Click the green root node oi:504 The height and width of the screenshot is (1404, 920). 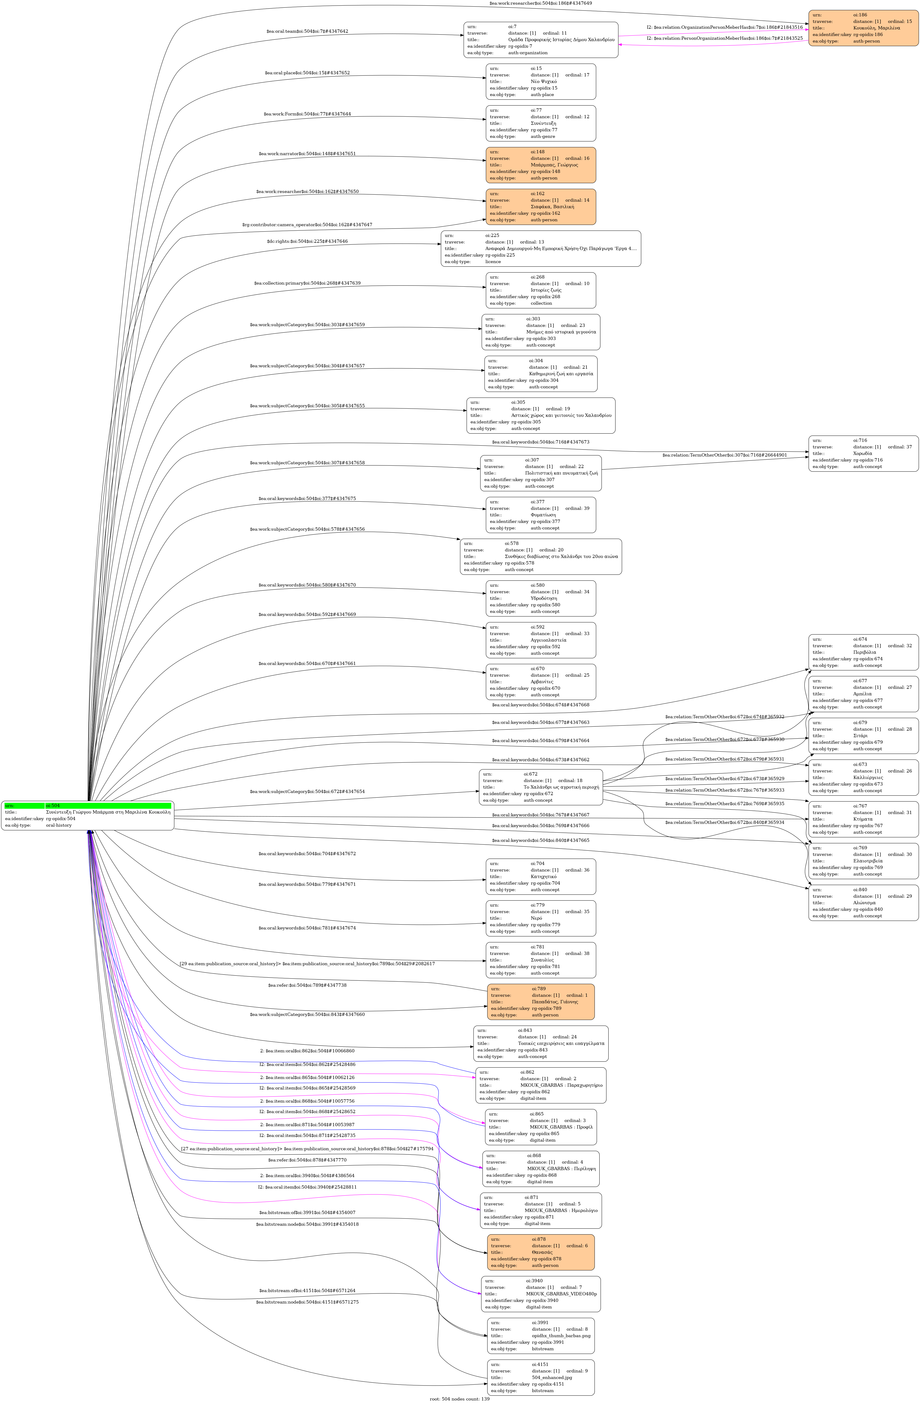[x=87, y=815]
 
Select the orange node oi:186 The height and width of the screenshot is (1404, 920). [x=863, y=28]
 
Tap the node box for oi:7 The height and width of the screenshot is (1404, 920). [x=541, y=39]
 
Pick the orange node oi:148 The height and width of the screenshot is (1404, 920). [x=541, y=164]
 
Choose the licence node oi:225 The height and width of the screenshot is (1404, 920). [x=541, y=248]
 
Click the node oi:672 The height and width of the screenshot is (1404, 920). [x=541, y=787]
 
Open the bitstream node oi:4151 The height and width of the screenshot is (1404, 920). [x=541, y=1377]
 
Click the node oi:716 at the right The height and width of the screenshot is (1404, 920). [x=863, y=453]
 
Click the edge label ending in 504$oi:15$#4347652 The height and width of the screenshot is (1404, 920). [x=307, y=73]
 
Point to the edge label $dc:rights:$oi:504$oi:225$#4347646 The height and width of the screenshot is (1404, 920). [x=307, y=241]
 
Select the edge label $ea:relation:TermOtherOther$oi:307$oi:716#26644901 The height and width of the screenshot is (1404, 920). [x=724, y=455]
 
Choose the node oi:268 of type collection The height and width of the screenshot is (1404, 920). [x=541, y=290]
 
